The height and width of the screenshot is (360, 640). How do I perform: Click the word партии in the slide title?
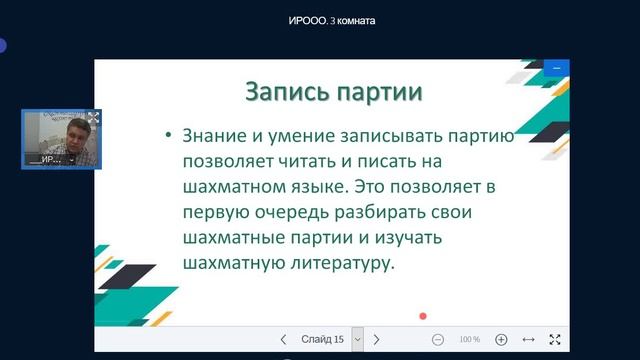click(x=378, y=92)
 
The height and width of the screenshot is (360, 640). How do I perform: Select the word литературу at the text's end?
click(x=335, y=266)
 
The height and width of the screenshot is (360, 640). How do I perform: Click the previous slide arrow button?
click(x=284, y=340)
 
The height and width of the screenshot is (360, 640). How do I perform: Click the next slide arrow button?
click(x=376, y=340)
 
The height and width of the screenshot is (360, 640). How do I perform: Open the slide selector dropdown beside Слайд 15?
click(x=357, y=340)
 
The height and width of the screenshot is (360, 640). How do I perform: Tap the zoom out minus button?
click(x=438, y=340)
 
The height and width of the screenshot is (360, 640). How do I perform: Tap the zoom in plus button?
click(x=501, y=340)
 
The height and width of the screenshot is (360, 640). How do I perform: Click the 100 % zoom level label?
click(x=469, y=340)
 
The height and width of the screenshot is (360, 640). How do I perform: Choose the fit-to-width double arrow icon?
click(x=529, y=340)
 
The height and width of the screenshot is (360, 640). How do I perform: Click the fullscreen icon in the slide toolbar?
click(x=556, y=340)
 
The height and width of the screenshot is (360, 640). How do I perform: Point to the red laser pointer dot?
click(x=423, y=316)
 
